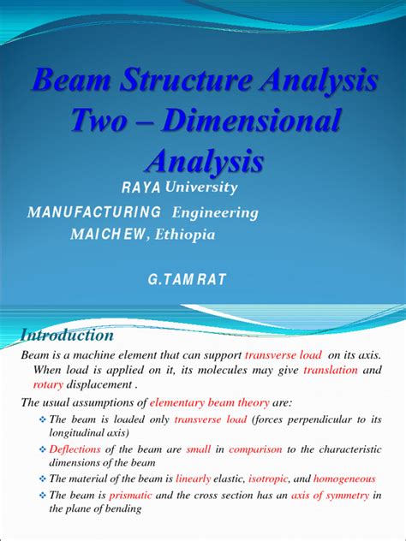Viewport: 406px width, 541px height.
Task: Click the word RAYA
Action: click(x=142, y=187)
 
